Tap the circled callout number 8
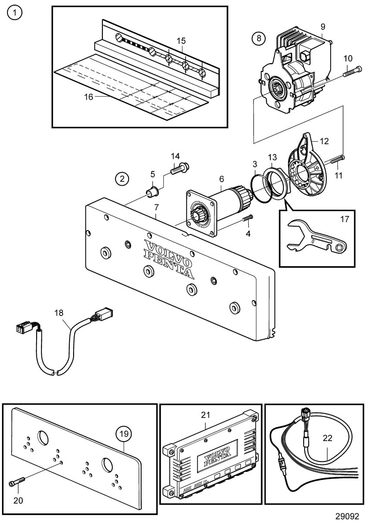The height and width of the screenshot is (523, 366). click(x=258, y=38)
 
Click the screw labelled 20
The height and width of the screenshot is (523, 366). click(x=17, y=482)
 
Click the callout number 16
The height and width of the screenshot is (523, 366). click(x=88, y=97)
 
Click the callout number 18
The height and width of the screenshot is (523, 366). click(x=59, y=312)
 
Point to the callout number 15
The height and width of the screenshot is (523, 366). click(x=181, y=41)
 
